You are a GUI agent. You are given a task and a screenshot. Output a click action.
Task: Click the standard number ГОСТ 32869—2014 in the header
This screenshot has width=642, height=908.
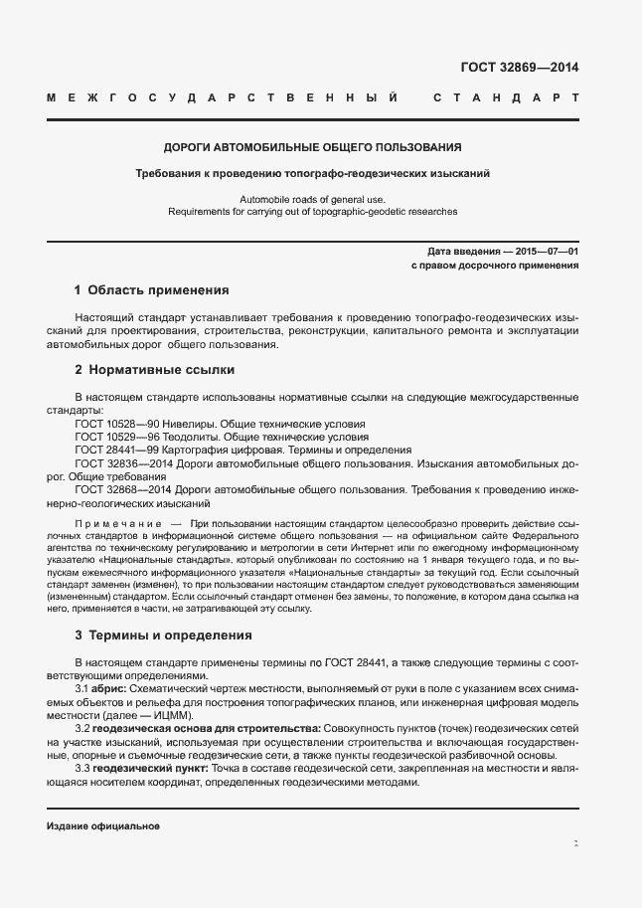click(519, 69)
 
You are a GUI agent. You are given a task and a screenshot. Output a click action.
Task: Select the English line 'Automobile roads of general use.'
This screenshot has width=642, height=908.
click(312, 199)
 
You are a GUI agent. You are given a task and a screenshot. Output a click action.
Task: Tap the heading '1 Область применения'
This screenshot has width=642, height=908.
click(152, 290)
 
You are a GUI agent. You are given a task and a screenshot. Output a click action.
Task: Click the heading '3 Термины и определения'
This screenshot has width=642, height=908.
click(163, 635)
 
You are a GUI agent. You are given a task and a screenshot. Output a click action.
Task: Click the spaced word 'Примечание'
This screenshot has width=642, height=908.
click(119, 521)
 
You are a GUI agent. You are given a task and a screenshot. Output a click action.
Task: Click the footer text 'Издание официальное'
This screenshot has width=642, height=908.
click(102, 826)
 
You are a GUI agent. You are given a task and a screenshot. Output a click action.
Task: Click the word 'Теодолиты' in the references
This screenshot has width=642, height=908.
click(192, 436)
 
